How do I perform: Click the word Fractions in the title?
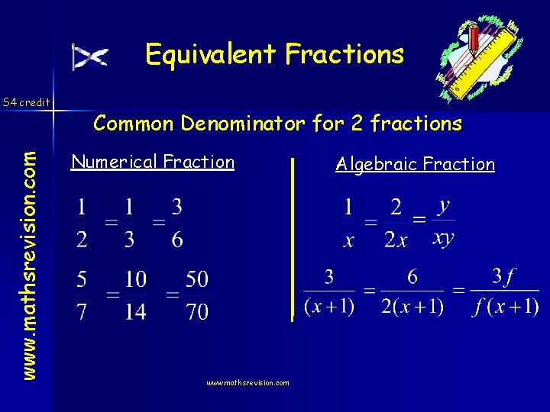coord(345,54)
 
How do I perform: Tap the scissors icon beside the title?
coord(90,57)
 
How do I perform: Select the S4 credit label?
coord(26,101)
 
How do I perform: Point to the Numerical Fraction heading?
coord(153,162)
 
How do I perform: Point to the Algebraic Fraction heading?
coord(416,164)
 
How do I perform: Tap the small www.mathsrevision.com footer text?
coord(248,383)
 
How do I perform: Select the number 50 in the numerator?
coord(197,279)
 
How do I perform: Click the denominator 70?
coord(197,312)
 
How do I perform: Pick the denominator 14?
coord(135,312)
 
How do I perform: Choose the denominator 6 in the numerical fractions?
coord(176,240)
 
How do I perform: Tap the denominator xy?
coord(443,238)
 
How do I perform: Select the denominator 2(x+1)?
coord(412,307)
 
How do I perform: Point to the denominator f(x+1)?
coord(504,307)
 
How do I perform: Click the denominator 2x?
coord(396,240)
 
